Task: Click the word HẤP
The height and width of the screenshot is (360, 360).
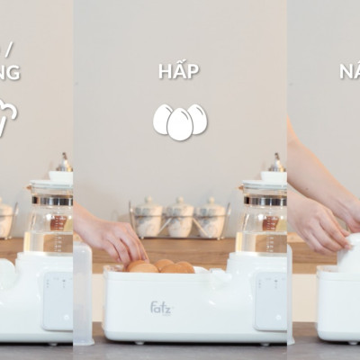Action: (179, 71)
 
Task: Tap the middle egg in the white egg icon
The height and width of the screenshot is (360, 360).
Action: (180, 124)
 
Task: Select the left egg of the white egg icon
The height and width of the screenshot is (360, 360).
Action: (163, 119)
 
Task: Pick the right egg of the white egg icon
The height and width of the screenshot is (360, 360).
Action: (197, 119)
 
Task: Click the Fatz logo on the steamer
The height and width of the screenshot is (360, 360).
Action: (157, 308)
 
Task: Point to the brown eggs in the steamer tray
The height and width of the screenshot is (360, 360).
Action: (160, 266)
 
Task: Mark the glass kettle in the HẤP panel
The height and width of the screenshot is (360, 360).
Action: (262, 220)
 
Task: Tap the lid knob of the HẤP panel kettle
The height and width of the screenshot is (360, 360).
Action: (274, 165)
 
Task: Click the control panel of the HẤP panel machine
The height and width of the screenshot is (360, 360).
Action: (269, 301)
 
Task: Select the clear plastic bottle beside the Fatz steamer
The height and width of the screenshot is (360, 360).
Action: (83, 292)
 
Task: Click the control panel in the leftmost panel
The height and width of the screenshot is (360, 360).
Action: (58, 301)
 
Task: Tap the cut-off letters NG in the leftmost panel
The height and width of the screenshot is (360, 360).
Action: (10, 72)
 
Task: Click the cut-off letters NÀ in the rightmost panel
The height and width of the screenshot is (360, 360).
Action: (350, 71)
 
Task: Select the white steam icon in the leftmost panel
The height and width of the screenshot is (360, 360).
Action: (8, 117)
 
